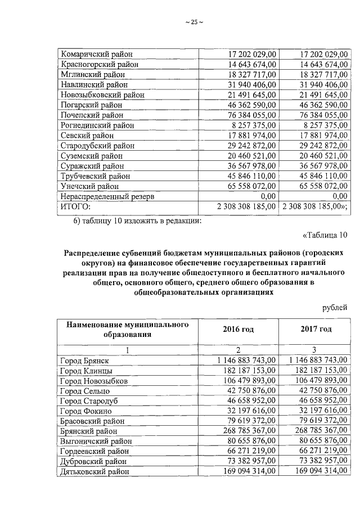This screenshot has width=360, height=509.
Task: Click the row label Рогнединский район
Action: click(97, 125)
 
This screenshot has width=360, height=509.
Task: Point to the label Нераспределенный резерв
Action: click(107, 196)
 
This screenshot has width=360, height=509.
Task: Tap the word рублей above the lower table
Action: click(335, 307)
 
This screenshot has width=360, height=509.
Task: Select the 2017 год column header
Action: click(315, 329)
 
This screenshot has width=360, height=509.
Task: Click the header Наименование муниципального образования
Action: click(127, 329)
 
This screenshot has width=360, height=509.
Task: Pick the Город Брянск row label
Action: click(84, 361)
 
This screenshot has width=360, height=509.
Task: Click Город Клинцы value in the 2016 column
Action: click(249, 371)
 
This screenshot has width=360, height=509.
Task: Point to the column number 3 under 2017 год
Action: click(315, 350)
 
